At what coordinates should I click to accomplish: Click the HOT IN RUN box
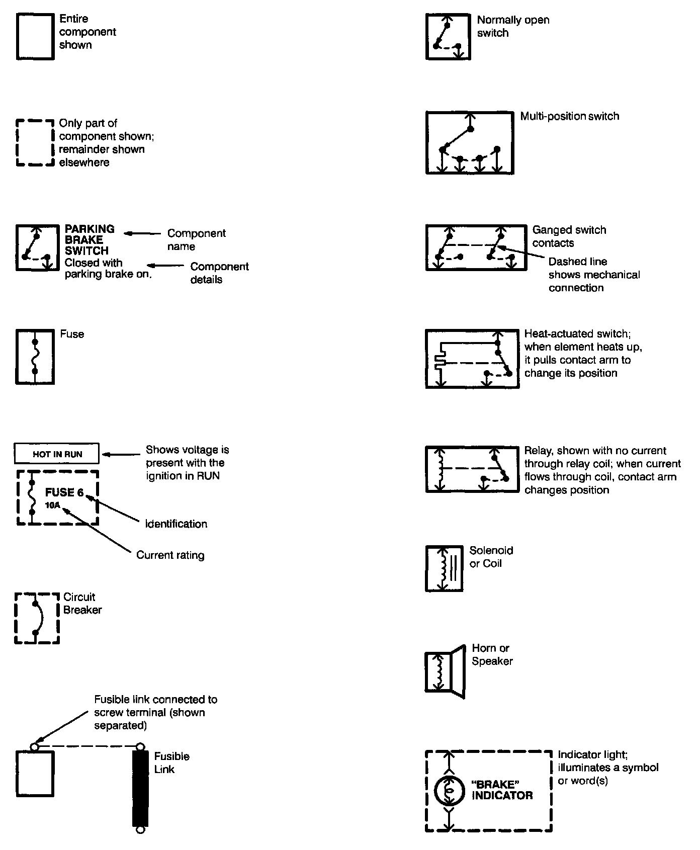56,454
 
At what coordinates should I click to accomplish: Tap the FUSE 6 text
64,492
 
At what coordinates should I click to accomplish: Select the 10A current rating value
52,505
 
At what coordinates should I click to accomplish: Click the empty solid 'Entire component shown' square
35,37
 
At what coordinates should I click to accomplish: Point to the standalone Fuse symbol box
35,357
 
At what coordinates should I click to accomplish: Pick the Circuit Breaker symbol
37,618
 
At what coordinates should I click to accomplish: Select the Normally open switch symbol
448,37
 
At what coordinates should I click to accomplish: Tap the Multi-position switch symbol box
470,142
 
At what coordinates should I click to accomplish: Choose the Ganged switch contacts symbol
476,247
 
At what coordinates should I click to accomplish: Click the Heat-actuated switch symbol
472,359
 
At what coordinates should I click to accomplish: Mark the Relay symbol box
472,469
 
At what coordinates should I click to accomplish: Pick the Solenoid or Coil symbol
444,568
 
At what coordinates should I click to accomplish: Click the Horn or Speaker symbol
445,671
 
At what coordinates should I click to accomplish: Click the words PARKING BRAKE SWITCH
90,240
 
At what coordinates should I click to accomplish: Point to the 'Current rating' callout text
170,555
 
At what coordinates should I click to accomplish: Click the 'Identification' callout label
176,524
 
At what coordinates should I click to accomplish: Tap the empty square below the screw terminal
35,774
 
